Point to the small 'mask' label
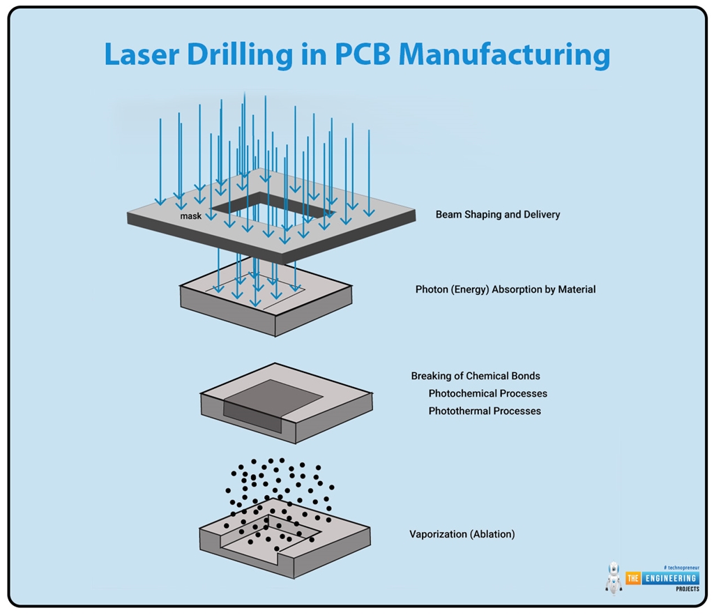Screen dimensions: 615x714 click(190, 216)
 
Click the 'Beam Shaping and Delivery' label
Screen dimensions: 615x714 click(497, 215)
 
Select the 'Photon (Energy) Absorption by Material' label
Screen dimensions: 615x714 click(506, 289)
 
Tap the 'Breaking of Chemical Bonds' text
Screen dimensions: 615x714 click(476, 377)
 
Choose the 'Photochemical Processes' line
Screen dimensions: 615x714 click(487, 394)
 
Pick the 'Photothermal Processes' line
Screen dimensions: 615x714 click(485, 411)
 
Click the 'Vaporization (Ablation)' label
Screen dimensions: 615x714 click(462, 535)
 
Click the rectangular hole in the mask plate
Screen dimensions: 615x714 click(272, 206)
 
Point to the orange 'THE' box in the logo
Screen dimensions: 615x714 click(633, 578)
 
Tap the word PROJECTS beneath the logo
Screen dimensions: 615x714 click(687, 589)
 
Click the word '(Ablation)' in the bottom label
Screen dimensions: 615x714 click(492, 535)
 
